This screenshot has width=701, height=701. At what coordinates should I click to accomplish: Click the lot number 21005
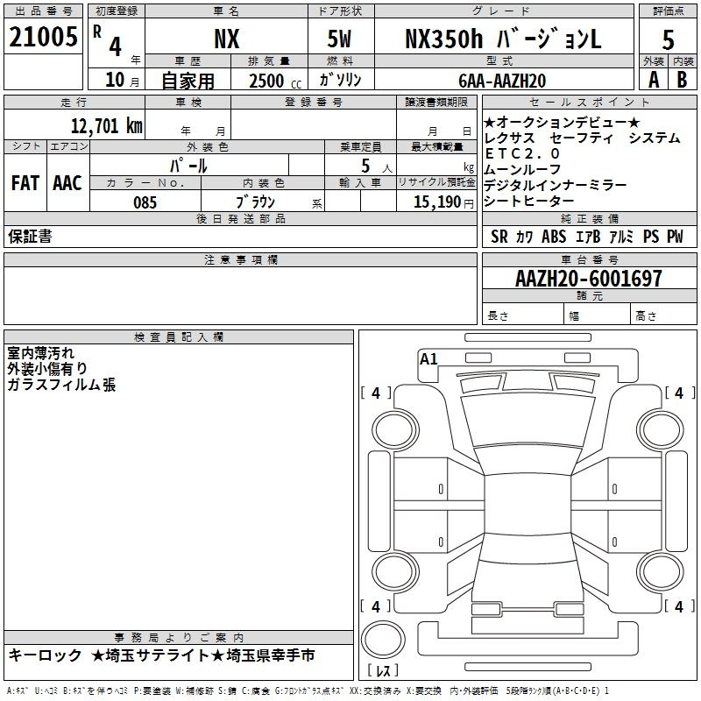pyautogui.click(x=43, y=37)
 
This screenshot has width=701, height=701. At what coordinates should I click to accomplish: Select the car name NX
pyautogui.click(x=227, y=39)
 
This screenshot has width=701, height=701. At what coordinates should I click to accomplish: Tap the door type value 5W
pyautogui.click(x=339, y=39)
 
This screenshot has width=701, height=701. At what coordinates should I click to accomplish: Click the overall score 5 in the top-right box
pyautogui.click(x=668, y=39)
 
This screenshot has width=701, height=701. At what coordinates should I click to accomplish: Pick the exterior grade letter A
pyautogui.click(x=654, y=80)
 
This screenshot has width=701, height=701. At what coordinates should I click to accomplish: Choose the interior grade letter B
pyautogui.click(x=682, y=80)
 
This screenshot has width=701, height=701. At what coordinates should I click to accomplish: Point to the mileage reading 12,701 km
pyautogui.click(x=106, y=126)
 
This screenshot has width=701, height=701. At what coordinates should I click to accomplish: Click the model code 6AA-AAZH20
pyautogui.click(x=502, y=81)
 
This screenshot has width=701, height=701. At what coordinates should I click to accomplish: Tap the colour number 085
pyautogui.click(x=145, y=202)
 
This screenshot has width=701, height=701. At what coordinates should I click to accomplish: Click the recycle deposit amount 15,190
pyautogui.click(x=436, y=202)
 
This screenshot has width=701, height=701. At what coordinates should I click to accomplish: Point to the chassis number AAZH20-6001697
pyautogui.click(x=588, y=279)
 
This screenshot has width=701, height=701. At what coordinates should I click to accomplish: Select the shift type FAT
pyautogui.click(x=25, y=183)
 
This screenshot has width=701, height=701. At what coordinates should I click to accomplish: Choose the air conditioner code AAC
pyautogui.click(x=67, y=183)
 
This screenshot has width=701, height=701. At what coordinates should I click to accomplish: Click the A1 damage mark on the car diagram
pyautogui.click(x=428, y=359)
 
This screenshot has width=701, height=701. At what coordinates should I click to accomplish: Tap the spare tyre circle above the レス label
pyautogui.click(x=383, y=640)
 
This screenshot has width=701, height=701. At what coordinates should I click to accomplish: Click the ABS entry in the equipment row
pyautogui.click(x=554, y=237)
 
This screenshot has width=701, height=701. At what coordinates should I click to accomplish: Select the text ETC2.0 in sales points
pyautogui.click(x=521, y=154)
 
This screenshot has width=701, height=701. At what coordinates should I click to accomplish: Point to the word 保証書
pyautogui.click(x=30, y=237)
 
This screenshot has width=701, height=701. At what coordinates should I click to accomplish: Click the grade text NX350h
pyautogui.click(x=443, y=39)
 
